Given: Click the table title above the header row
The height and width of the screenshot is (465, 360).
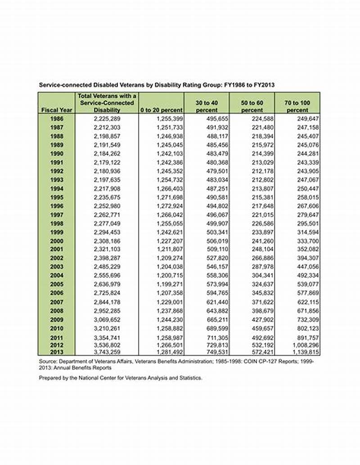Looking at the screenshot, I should (x=157, y=85).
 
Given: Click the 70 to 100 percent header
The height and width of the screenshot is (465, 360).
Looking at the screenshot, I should (x=297, y=107).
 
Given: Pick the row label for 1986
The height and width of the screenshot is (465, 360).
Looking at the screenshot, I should (x=56, y=119).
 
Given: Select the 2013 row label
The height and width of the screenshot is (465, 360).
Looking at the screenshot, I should (x=56, y=352).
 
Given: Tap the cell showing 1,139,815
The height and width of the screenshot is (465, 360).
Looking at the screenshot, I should (x=304, y=352).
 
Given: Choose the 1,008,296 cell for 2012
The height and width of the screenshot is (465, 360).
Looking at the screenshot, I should (x=304, y=346).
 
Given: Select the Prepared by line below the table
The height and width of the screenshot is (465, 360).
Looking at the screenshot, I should (x=121, y=378).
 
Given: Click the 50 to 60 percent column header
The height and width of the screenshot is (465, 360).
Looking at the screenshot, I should (x=252, y=107).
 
